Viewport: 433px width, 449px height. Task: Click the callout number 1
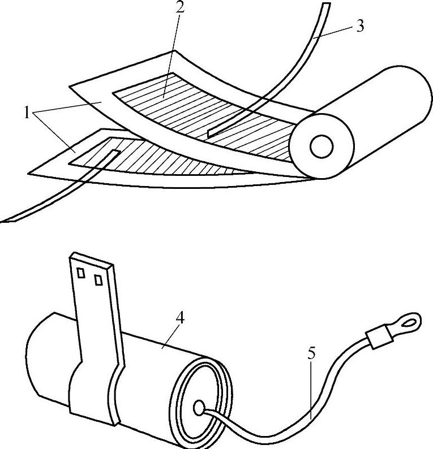(x=26, y=112)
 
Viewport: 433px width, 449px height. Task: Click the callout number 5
(x=312, y=355)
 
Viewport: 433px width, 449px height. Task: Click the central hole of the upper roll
(x=321, y=147)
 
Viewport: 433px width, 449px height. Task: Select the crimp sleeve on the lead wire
(x=378, y=339)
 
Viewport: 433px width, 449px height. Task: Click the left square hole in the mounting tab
(x=81, y=274)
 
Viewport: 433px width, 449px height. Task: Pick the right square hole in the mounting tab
(x=98, y=279)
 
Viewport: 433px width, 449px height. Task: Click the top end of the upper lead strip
(x=325, y=6)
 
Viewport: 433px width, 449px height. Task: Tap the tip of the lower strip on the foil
(x=115, y=153)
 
